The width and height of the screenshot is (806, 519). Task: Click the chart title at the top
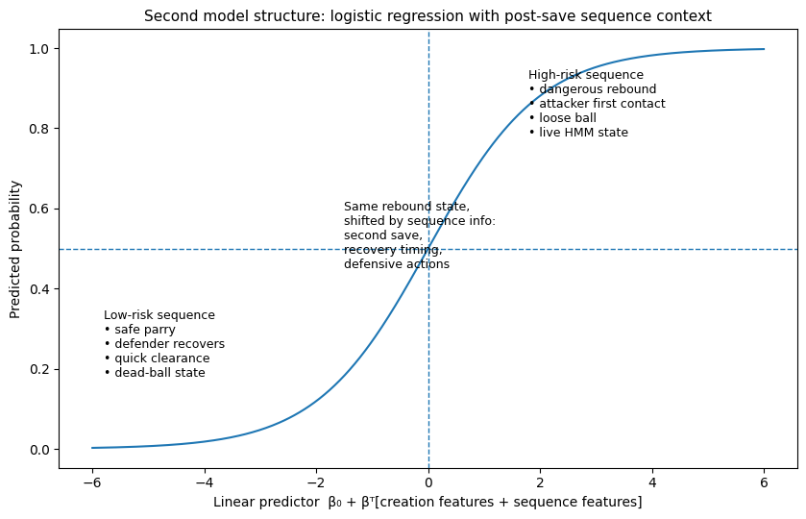[427, 16]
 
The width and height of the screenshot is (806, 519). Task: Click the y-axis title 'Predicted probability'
[15, 249]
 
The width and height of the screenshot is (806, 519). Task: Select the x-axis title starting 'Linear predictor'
[427, 502]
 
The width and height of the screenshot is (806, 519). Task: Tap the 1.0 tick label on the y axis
[39, 49]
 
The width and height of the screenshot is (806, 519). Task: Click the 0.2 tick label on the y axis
[39, 369]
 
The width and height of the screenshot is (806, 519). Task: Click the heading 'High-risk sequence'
[586, 75]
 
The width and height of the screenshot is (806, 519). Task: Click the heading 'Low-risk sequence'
[159, 315]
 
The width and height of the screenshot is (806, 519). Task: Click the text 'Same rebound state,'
[407, 207]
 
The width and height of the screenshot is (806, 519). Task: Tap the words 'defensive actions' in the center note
[397, 264]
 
